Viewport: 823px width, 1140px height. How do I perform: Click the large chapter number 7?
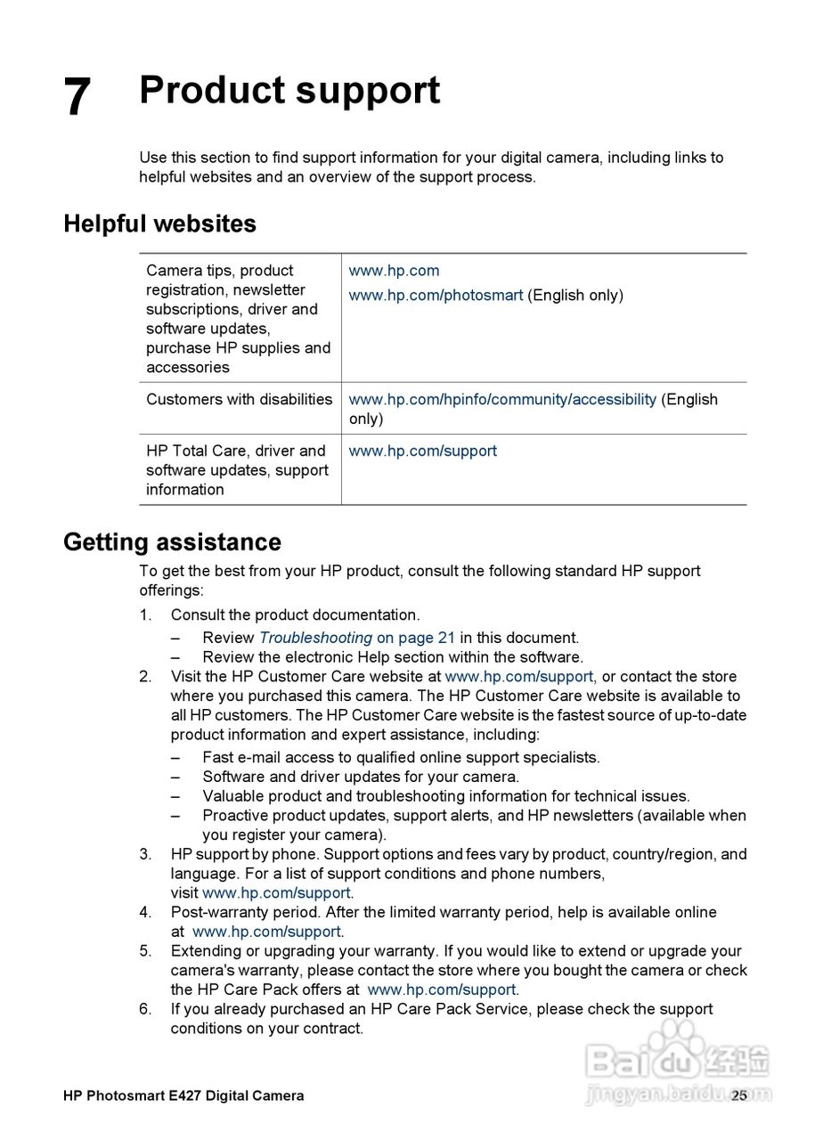[x=77, y=97]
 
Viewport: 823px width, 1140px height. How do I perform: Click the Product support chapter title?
[x=289, y=91]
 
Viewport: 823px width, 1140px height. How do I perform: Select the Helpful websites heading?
[x=159, y=224]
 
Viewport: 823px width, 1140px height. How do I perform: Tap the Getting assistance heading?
[x=172, y=542]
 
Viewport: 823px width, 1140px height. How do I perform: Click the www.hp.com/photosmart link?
[x=436, y=296]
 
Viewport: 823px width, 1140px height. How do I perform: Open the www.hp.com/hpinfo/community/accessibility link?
[x=501, y=400]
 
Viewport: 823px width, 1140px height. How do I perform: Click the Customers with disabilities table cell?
[x=239, y=400]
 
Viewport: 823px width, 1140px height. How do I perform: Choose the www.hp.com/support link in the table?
[x=422, y=452]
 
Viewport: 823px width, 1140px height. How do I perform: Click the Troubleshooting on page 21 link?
[x=356, y=638]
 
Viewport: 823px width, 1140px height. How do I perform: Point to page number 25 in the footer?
[x=739, y=1096]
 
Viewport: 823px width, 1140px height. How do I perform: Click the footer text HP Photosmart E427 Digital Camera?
[x=183, y=1096]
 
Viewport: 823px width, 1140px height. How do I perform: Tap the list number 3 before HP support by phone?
[x=145, y=855]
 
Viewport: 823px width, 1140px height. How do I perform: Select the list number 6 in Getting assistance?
[x=145, y=1009]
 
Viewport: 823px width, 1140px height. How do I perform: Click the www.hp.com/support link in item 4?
[x=266, y=932]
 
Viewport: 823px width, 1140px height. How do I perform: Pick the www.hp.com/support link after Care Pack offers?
[x=441, y=989]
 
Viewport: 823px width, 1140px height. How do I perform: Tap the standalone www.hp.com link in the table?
[x=394, y=271]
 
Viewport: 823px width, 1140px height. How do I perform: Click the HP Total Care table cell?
[x=237, y=470]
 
